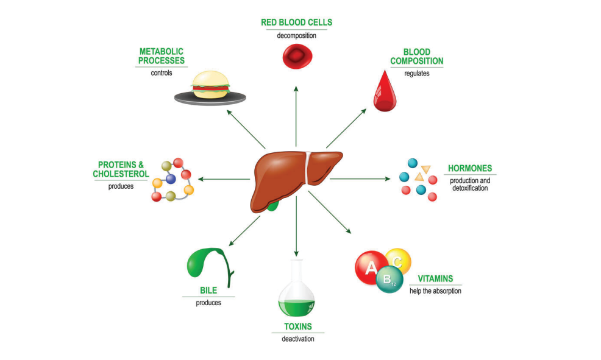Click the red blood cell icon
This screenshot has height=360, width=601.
coord(296,56)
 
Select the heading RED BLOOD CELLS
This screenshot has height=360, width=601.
coord(296,23)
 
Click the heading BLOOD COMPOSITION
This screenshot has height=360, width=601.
coord(416,57)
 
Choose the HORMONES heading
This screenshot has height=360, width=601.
coord(470,168)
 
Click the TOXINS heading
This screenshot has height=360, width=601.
coord(297,326)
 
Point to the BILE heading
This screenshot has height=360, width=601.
coord(208,291)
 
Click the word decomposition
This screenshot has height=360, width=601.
coord(296,35)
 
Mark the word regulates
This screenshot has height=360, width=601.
coord(416,73)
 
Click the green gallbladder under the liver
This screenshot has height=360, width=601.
coord(272,206)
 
